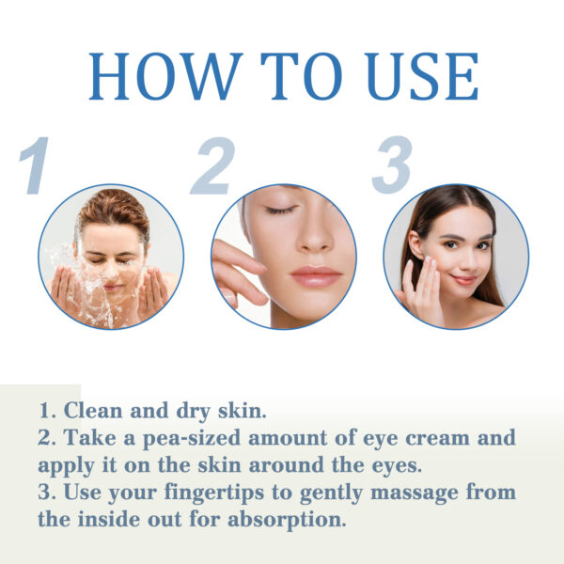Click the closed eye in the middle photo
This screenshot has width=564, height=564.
(x=280, y=210)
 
